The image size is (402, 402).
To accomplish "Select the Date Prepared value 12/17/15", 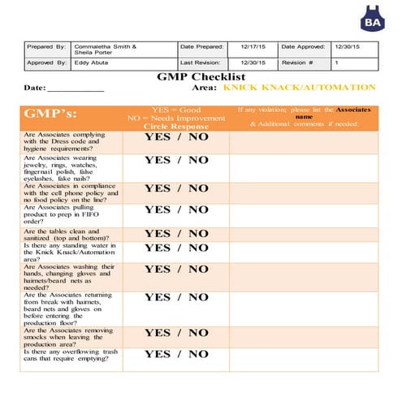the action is click(253, 48).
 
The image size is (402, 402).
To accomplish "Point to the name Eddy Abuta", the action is click(93, 63).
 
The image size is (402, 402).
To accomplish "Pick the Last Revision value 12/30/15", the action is click(253, 63).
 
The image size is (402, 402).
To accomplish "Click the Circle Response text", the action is click(176, 127).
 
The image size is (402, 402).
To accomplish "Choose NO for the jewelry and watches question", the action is click(198, 160).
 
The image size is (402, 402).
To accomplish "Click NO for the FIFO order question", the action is click(198, 210).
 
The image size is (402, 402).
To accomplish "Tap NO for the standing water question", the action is click(198, 248).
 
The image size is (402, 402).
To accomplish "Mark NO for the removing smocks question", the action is click(198, 333).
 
